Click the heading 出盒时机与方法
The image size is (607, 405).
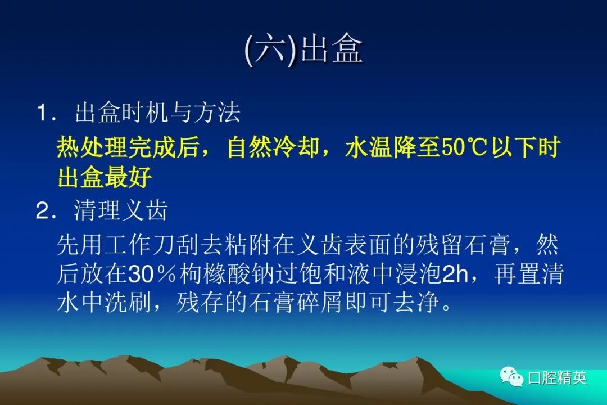pos(157,112)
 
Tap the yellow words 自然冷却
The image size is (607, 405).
pos(273,147)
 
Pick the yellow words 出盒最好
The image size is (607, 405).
pos(105,178)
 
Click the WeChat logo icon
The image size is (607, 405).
pos(511,377)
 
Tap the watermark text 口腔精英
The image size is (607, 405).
pos(556,377)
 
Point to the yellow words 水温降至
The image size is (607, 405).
pos(392,147)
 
